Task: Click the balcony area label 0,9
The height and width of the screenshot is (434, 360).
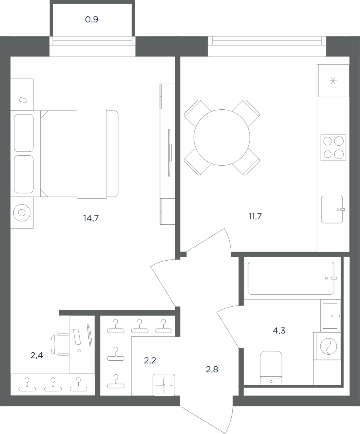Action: [x=92, y=20]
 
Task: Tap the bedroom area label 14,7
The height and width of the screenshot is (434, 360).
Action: [x=91, y=218]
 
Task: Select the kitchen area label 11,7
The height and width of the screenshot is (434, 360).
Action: [x=255, y=217]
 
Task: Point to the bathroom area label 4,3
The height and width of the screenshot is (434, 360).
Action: [x=279, y=330]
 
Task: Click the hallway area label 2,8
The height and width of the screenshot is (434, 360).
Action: [x=212, y=369]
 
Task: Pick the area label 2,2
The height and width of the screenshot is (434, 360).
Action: [x=150, y=360]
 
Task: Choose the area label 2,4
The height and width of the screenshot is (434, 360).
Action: [x=37, y=356]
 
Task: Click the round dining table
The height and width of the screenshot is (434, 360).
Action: [x=222, y=138]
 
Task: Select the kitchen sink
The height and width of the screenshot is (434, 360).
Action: [x=332, y=209]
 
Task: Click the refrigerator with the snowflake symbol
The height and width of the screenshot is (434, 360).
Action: [x=333, y=81]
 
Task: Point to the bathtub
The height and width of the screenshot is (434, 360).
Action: [x=291, y=278]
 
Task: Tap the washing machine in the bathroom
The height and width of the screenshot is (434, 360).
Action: [x=327, y=346]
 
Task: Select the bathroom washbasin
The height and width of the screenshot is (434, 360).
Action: [x=330, y=315]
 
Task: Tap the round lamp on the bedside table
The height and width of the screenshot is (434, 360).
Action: [x=22, y=213]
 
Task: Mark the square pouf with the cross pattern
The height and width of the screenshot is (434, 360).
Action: [x=164, y=385]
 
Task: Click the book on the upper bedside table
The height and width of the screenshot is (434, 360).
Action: [x=23, y=100]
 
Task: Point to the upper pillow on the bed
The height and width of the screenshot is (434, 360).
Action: [x=24, y=133]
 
